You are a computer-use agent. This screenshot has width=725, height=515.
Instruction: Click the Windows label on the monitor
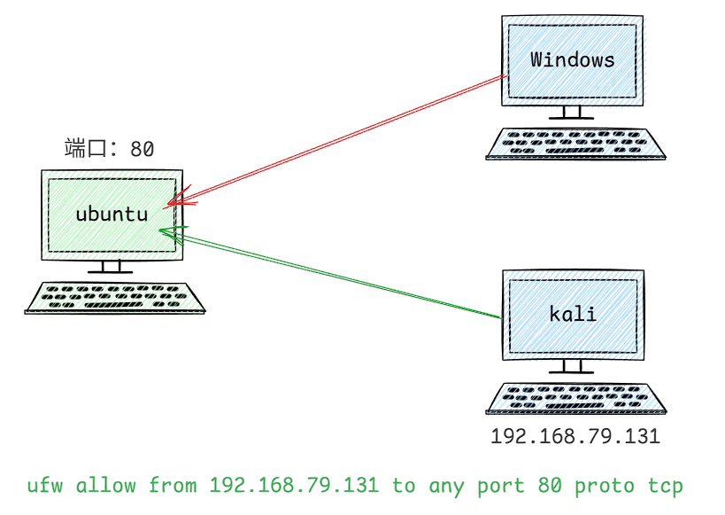[572, 60]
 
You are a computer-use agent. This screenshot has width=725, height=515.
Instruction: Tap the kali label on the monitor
[572, 314]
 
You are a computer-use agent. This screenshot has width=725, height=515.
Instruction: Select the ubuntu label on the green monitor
[111, 214]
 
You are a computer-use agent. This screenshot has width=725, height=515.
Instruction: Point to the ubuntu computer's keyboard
[115, 297]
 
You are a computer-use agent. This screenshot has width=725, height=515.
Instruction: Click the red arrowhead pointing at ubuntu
[177, 198]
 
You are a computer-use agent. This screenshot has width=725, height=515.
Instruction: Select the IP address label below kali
[575, 437]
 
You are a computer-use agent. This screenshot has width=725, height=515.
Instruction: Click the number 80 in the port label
[143, 149]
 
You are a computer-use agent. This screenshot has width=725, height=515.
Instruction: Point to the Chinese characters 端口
[85, 148]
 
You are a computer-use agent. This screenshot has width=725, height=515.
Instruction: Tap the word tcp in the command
[666, 486]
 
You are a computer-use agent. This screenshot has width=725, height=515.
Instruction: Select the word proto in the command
[599, 486]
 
